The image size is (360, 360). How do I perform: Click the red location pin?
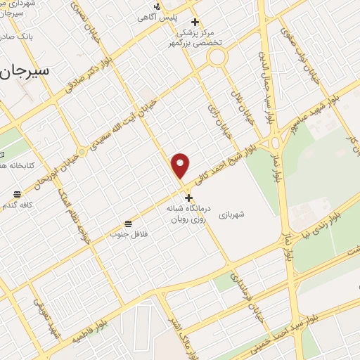pyautogui.click(x=181, y=165)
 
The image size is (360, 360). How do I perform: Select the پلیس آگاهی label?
pyautogui.click(x=176, y=17)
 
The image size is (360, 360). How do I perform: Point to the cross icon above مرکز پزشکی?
pyautogui.click(x=195, y=21)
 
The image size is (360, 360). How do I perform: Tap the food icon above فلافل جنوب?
pyautogui.click(x=127, y=224)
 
